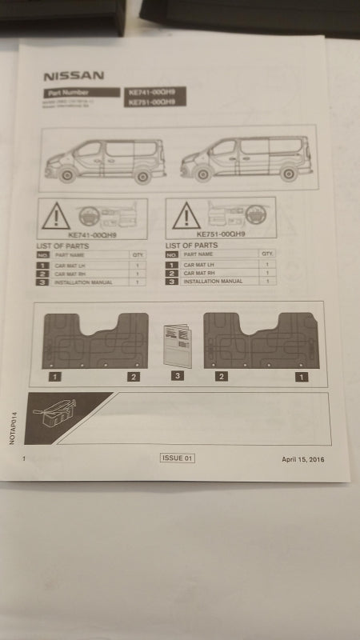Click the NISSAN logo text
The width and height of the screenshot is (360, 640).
click(74, 76)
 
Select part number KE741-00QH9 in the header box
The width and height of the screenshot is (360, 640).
click(151, 93)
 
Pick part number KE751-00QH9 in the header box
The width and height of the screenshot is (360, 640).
click(151, 103)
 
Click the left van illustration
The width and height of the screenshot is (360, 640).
click(105, 159)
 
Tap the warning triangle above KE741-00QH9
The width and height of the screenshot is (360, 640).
click(57, 217)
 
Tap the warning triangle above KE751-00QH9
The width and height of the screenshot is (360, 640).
click(186, 215)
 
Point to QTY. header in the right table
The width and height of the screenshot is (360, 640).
click(266, 254)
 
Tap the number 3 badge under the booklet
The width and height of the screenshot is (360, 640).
click(178, 375)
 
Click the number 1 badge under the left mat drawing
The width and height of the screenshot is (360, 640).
click(54, 375)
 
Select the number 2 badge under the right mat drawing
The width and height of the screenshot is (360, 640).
click(222, 375)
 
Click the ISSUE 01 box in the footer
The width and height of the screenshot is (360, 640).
click(178, 458)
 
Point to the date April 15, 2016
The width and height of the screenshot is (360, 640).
click(303, 459)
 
